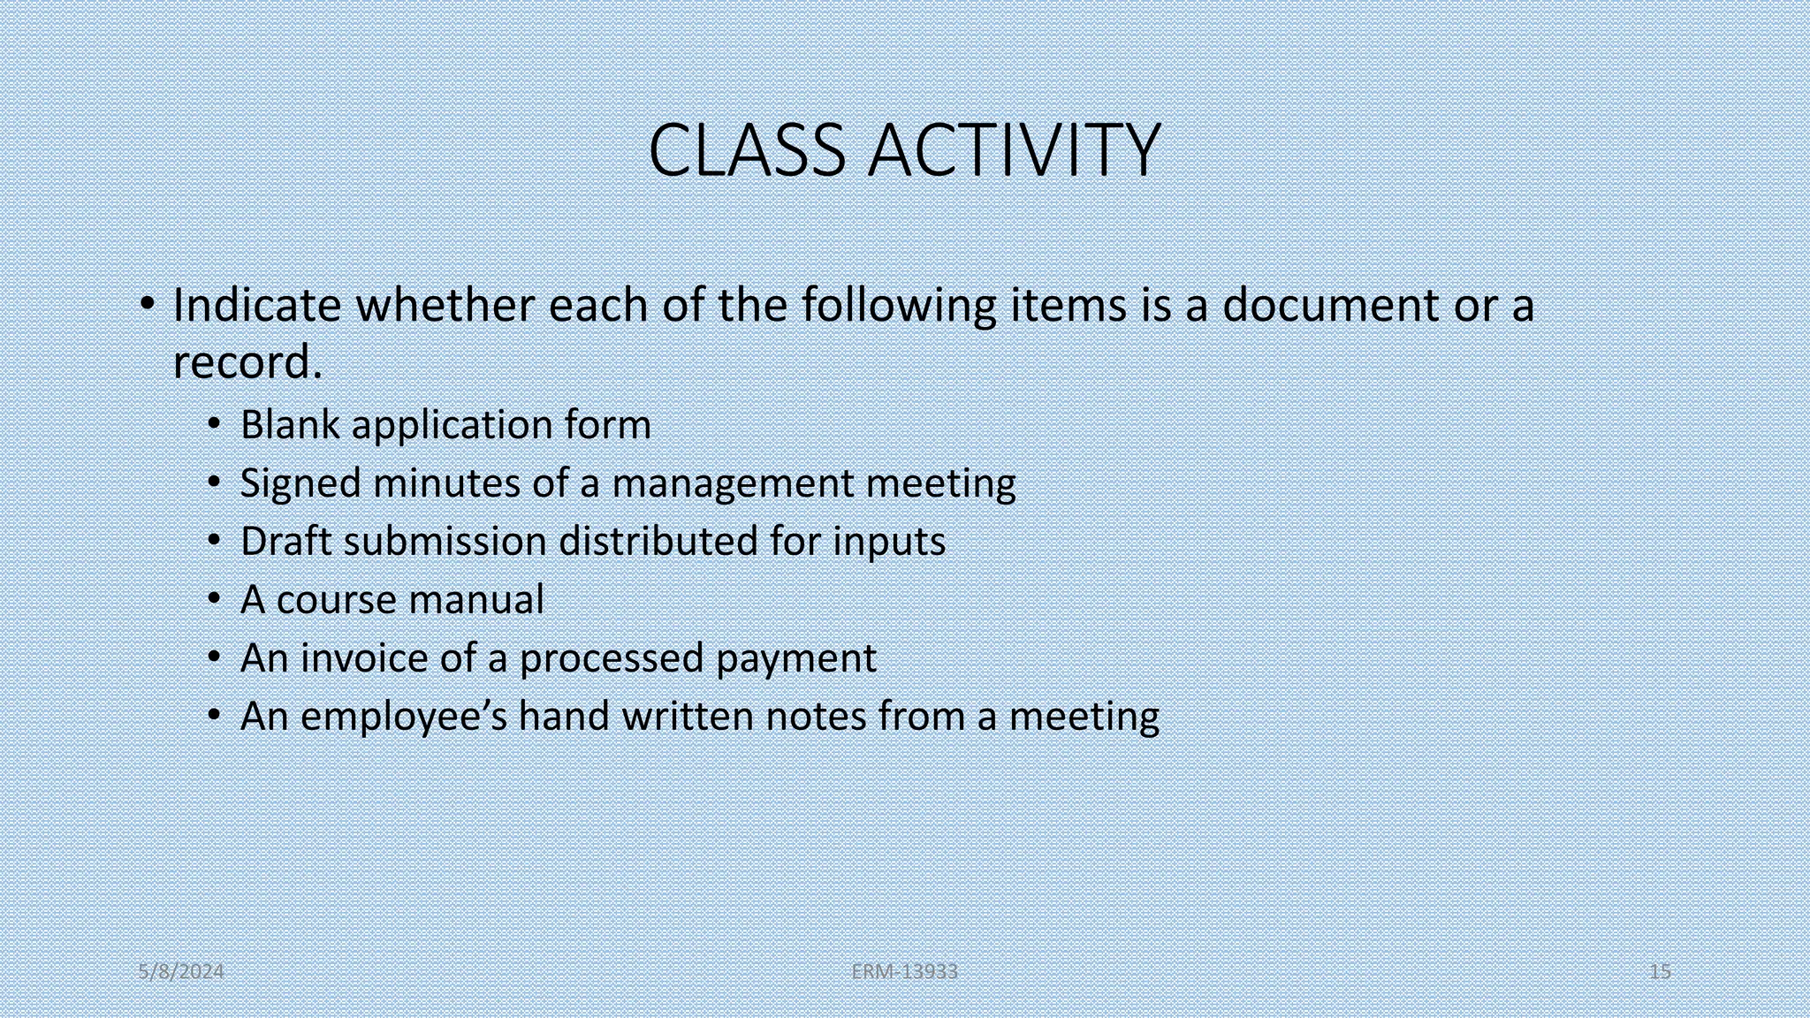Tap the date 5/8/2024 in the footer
tap(181, 972)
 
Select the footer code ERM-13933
tap(904, 972)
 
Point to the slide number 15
tap(1660, 972)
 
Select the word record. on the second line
tap(247, 363)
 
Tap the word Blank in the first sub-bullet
tap(290, 425)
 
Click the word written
tap(687, 717)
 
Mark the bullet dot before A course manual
tap(214, 600)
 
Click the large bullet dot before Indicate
tap(148, 305)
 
